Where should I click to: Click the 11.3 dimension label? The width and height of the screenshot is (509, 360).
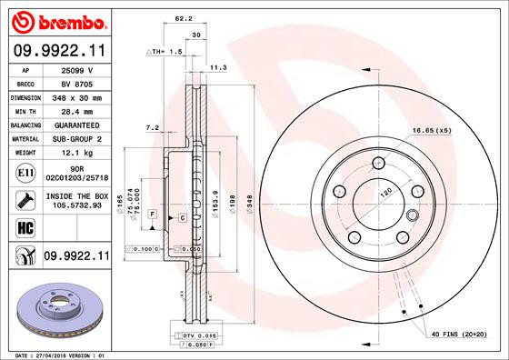point(218,66)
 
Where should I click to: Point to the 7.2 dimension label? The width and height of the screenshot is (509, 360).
point(152,127)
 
